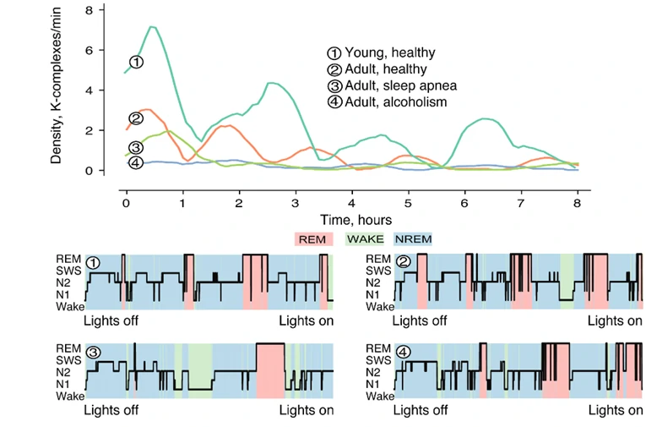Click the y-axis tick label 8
[x=100, y=9]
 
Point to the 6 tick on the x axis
[x=464, y=205]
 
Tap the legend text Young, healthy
[x=387, y=52]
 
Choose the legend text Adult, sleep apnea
[x=396, y=85]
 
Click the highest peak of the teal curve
[x=152, y=27]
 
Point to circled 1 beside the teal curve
[x=136, y=62]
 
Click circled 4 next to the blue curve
[x=136, y=162]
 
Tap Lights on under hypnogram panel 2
[x=616, y=321]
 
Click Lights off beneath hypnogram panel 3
[x=111, y=410]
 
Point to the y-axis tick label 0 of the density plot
[x=100, y=171]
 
